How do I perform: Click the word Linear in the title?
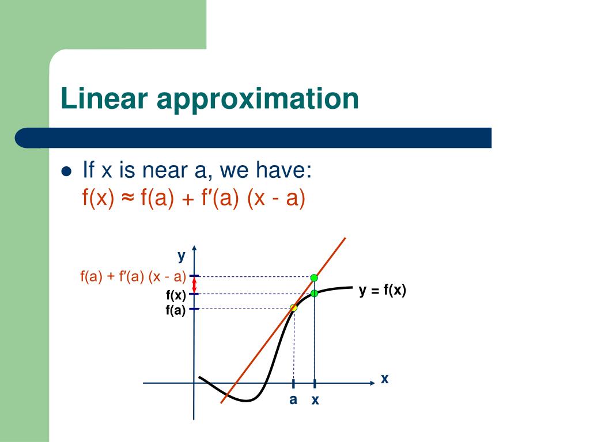click(x=104, y=99)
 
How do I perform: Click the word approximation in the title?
click(x=258, y=99)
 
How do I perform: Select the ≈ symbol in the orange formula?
click(x=128, y=199)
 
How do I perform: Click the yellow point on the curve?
click(x=294, y=308)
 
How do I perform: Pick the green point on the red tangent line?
click(x=314, y=278)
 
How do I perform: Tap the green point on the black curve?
click(x=314, y=294)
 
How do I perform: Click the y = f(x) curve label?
click(x=383, y=291)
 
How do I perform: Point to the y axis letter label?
click(x=181, y=255)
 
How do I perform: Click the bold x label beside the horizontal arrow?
click(x=385, y=379)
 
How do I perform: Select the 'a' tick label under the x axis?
click(x=293, y=399)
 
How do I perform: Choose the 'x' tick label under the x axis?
click(x=315, y=401)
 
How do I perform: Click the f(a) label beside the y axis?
click(x=176, y=311)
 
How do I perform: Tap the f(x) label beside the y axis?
click(x=176, y=296)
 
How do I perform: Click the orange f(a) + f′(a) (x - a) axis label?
click(x=133, y=277)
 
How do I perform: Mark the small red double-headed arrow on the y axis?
click(x=194, y=285)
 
